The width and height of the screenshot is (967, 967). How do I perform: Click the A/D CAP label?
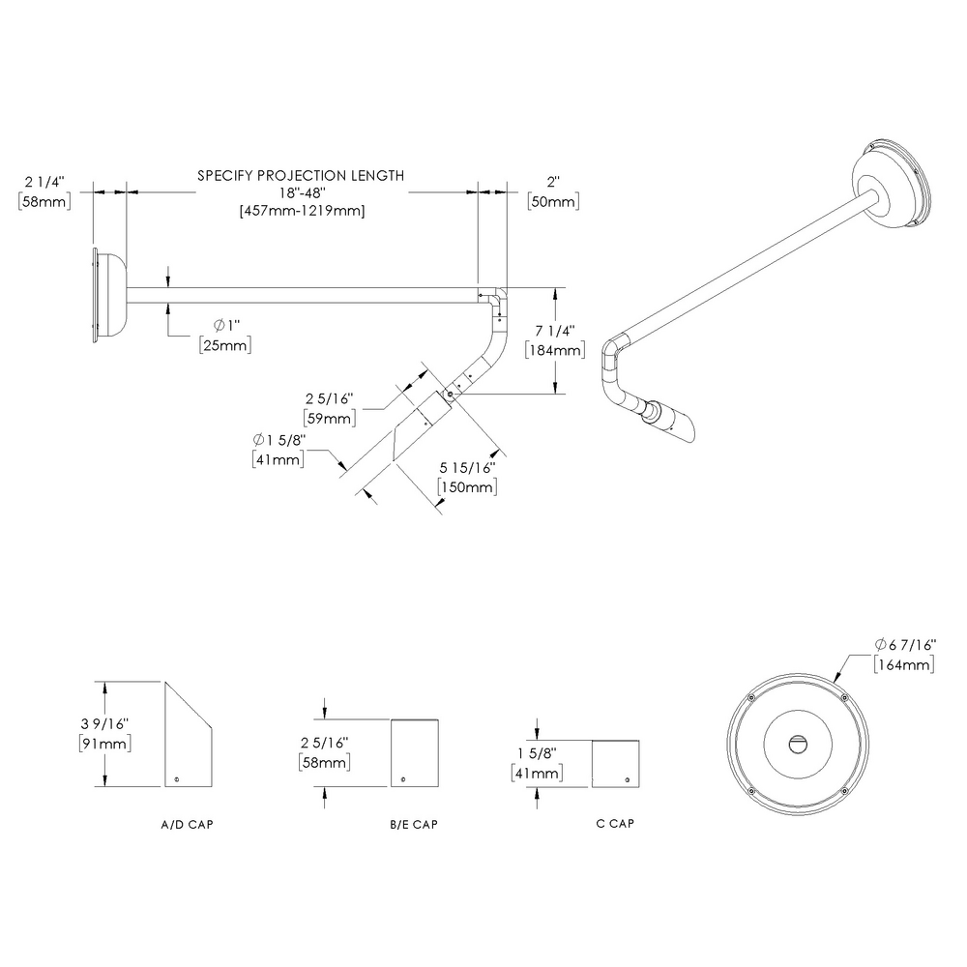pos(188,827)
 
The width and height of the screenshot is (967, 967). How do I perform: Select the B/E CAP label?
pos(414,827)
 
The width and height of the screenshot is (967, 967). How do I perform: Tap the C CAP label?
pos(615,824)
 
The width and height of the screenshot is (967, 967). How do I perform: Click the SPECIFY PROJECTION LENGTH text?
pos(301,176)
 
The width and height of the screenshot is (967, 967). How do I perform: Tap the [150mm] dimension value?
pos(468,488)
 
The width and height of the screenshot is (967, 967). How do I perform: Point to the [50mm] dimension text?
pos(552,201)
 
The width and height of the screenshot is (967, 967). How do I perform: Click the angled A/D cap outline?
pos(188,740)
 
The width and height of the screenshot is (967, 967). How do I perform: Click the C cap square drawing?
pos(615,763)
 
